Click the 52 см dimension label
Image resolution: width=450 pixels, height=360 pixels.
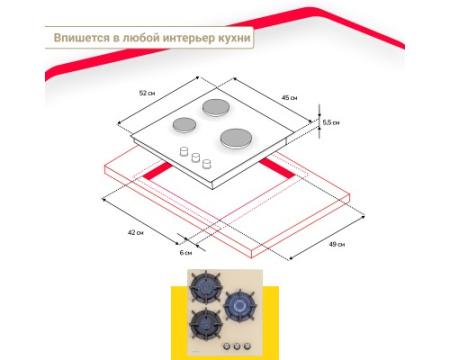point(147,93)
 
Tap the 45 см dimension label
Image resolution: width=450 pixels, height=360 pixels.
point(289,98)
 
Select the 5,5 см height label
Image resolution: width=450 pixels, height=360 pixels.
point(331,123)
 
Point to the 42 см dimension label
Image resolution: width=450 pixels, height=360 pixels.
point(136,232)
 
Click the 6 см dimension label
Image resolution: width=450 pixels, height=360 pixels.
point(186,253)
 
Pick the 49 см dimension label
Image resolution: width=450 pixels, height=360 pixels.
point(337,244)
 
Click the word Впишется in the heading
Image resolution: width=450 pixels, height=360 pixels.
point(82,38)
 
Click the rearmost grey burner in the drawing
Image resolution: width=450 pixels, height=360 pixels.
point(216,107)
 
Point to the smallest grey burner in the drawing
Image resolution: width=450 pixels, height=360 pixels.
point(184,125)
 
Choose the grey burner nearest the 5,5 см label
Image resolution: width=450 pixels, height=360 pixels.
point(236,139)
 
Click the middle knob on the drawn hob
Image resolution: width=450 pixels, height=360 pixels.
point(196,157)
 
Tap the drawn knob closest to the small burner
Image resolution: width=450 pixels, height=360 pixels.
point(184,151)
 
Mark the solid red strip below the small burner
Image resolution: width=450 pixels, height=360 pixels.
point(157,170)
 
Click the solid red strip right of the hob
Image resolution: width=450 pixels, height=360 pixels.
point(277,168)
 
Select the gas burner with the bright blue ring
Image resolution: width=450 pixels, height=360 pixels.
point(240,305)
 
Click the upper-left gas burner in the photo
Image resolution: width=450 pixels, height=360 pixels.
point(205,287)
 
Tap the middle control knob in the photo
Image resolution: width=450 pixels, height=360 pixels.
point(237,346)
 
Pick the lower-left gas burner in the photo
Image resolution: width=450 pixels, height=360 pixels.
point(205,324)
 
